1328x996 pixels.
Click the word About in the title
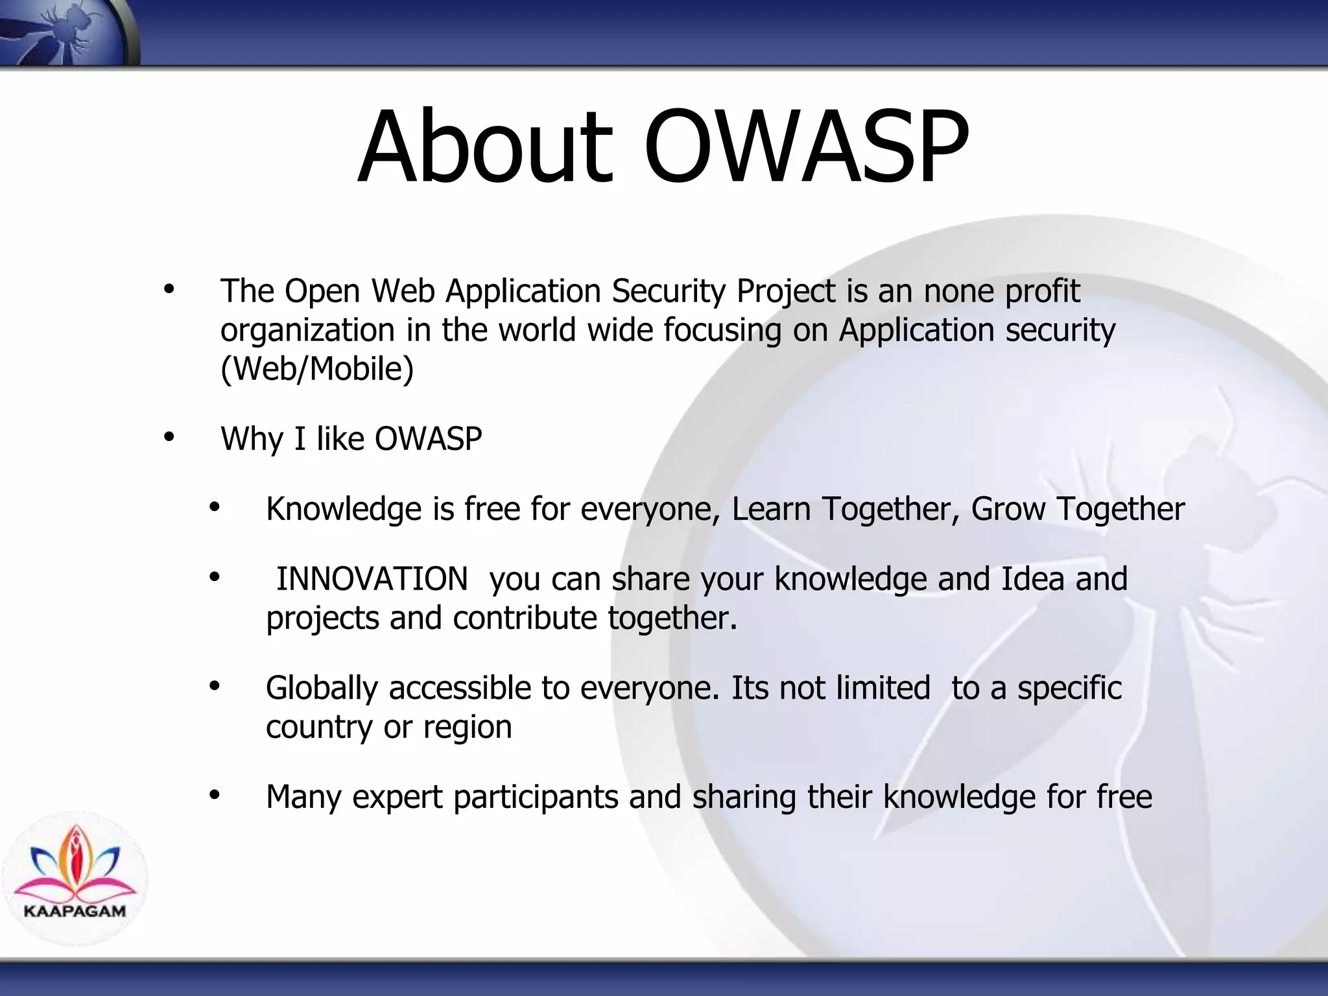tap(485, 148)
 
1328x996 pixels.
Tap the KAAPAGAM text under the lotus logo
tap(75, 910)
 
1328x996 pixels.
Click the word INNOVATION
tap(372, 578)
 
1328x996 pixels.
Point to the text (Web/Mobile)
tap(316, 369)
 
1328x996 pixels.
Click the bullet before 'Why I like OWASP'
tap(169, 437)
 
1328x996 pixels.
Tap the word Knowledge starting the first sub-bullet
tap(344, 509)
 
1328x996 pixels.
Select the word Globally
tap(322, 688)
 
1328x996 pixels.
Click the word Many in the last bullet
tap(303, 797)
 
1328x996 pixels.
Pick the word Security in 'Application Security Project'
tap(668, 291)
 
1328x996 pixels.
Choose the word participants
tap(536, 797)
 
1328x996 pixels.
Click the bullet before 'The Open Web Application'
tap(169, 289)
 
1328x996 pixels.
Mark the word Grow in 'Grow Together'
tap(1008, 509)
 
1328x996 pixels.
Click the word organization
tap(307, 331)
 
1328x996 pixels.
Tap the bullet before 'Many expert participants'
tap(215, 795)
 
